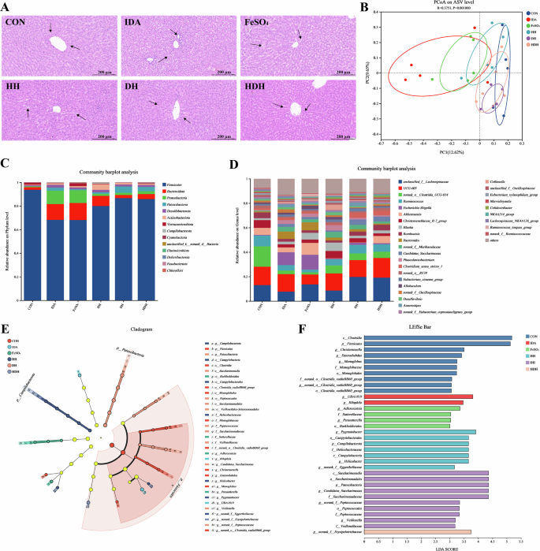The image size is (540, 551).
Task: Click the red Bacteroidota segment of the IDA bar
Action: [54, 211]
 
